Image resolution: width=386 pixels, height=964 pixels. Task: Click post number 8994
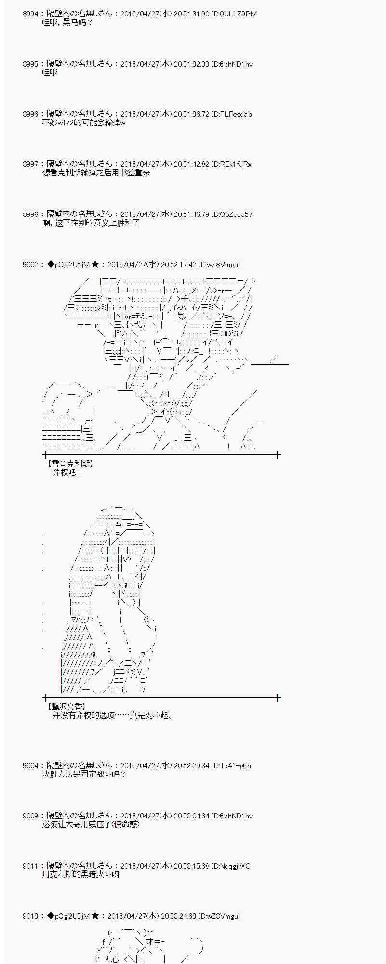[x=30, y=14]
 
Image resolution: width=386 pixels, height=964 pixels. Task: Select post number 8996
[x=30, y=114]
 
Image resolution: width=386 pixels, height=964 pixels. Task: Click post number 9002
[x=30, y=265]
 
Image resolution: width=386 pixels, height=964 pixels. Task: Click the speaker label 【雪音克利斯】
[x=70, y=464]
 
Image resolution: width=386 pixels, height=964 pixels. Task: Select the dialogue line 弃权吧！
[x=67, y=472]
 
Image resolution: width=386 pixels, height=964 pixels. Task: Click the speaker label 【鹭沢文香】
[x=66, y=707]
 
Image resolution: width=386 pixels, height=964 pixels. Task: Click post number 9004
[x=30, y=766]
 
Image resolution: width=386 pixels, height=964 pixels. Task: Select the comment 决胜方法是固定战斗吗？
[x=84, y=774]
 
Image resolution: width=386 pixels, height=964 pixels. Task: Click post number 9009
[x=30, y=816]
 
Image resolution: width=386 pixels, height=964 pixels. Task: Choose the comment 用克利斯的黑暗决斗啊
[x=80, y=874]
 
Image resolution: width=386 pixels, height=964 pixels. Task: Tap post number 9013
[x=30, y=916]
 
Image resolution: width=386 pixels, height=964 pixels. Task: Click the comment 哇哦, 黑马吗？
[x=67, y=22]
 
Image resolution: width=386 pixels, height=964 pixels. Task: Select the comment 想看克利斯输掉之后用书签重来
[x=96, y=173]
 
